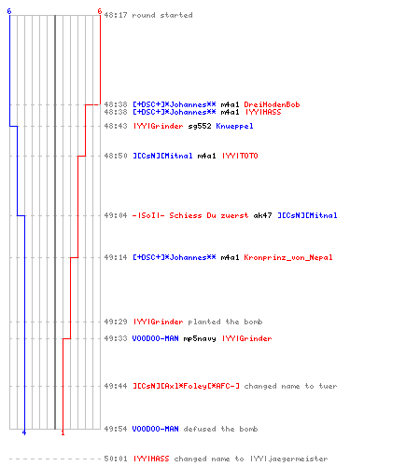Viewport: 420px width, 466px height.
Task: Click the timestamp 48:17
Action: coord(116,15)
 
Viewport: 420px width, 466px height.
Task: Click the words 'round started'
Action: coord(162,15)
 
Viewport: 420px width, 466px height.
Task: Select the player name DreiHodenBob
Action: coord(272,104)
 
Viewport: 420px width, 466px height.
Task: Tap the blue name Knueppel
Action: coord(234,126)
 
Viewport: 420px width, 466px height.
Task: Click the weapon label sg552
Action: coord(200,126)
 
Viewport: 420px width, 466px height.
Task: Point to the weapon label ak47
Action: coord(262,215)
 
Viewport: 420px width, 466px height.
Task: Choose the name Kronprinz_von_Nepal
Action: coord(288,257)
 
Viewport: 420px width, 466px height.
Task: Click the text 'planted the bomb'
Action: coord(225,322)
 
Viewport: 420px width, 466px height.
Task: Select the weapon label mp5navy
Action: coord(200,338)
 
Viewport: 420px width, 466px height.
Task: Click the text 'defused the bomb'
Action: coord(220,429)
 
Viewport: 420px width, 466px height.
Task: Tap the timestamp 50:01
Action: coord(116,459)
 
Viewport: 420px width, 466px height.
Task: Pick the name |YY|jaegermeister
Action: coord(289,459)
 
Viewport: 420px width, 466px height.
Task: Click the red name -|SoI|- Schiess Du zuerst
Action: coord(190,215)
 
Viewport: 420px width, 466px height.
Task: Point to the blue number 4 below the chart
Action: coord(24,432)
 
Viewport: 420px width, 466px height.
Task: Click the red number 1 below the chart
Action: coord(63,432)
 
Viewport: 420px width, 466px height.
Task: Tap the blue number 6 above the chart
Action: coord(9,11)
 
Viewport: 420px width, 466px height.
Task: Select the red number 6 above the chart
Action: coord(100,11)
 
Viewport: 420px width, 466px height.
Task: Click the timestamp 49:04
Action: coord(116,215)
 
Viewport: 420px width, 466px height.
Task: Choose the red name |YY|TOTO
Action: coord(240,156)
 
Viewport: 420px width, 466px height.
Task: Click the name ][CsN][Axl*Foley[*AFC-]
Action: coord(186,386)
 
